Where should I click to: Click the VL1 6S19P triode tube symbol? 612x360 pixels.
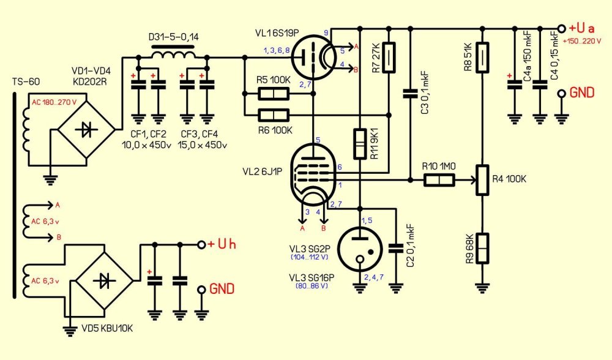click(x=312, y=59)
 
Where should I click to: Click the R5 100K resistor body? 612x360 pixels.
click(x=273, y=94)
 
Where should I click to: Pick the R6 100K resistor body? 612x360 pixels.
click(x=273, y=114)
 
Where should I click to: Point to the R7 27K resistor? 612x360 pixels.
click(x=387, y=58)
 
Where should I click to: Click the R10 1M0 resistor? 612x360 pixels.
click(x=439, y=179)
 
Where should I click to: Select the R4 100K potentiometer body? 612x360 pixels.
click(x=483, y=179)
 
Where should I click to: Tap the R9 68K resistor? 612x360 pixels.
click(x=483, y=248)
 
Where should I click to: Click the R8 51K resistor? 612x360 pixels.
click(x=483, y=58)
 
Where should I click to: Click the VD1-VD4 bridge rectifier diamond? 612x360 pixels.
click(x=88, y=129)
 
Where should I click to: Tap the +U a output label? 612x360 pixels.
click(x=581, y=28)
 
